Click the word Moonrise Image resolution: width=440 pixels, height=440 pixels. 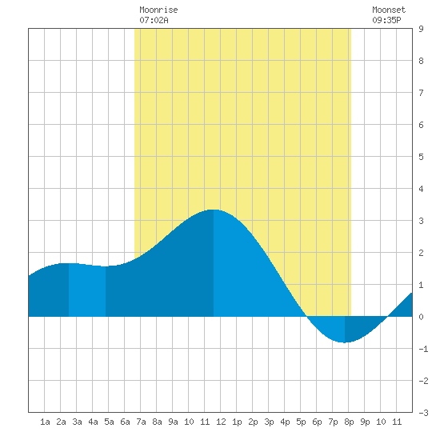pos(158,10)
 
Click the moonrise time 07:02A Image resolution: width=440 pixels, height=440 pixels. pos(154,20)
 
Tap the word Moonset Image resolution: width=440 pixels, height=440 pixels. pos(389,10)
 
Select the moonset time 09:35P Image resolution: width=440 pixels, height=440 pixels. pos(386,20)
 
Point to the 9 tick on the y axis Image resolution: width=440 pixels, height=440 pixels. pos(421,29)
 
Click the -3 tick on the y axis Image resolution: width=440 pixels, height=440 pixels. pos(423,413)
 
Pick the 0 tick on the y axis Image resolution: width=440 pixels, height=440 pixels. pos(421,317)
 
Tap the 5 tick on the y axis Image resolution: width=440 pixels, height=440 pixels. pos(421,157)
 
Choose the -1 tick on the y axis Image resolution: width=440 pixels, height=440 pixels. pos(423,349)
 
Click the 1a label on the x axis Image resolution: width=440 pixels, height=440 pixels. pos(45,422)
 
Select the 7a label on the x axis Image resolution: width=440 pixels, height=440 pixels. pos(141,422)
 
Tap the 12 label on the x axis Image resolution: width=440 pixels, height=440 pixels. pos(221,422)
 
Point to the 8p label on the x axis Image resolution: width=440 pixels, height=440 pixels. pos(349,422)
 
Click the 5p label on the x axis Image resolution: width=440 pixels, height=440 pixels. pos(301,422)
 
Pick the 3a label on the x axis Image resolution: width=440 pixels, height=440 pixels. pos(77,422)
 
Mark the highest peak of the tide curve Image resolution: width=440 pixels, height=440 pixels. pos(214,210)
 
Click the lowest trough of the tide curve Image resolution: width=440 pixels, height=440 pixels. pos(345,342)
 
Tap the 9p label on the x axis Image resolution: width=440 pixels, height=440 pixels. pos(365,422)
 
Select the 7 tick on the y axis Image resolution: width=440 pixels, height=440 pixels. pos(421,93)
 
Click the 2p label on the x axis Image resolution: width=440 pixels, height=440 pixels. pos(253,422)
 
